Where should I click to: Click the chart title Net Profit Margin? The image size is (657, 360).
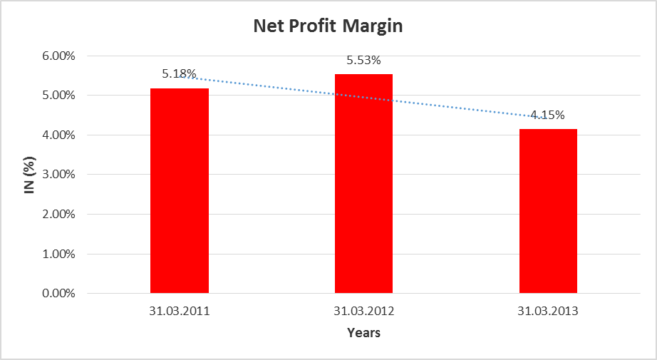point(328,27)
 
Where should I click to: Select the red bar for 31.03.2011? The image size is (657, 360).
point(180,190)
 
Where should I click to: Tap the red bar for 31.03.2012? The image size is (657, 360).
point(363,183)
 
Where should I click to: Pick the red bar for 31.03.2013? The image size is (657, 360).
point(548,210)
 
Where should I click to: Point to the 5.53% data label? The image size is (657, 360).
point(363,60)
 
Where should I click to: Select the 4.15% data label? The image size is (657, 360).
point(548,115)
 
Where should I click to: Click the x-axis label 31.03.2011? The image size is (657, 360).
point(180,311)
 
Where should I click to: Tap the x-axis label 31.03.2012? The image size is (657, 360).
point(363,311)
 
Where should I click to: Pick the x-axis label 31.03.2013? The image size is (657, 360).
point(548,311)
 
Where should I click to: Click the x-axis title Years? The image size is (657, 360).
point(363,333)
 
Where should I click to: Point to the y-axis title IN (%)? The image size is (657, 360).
point(31,175)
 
